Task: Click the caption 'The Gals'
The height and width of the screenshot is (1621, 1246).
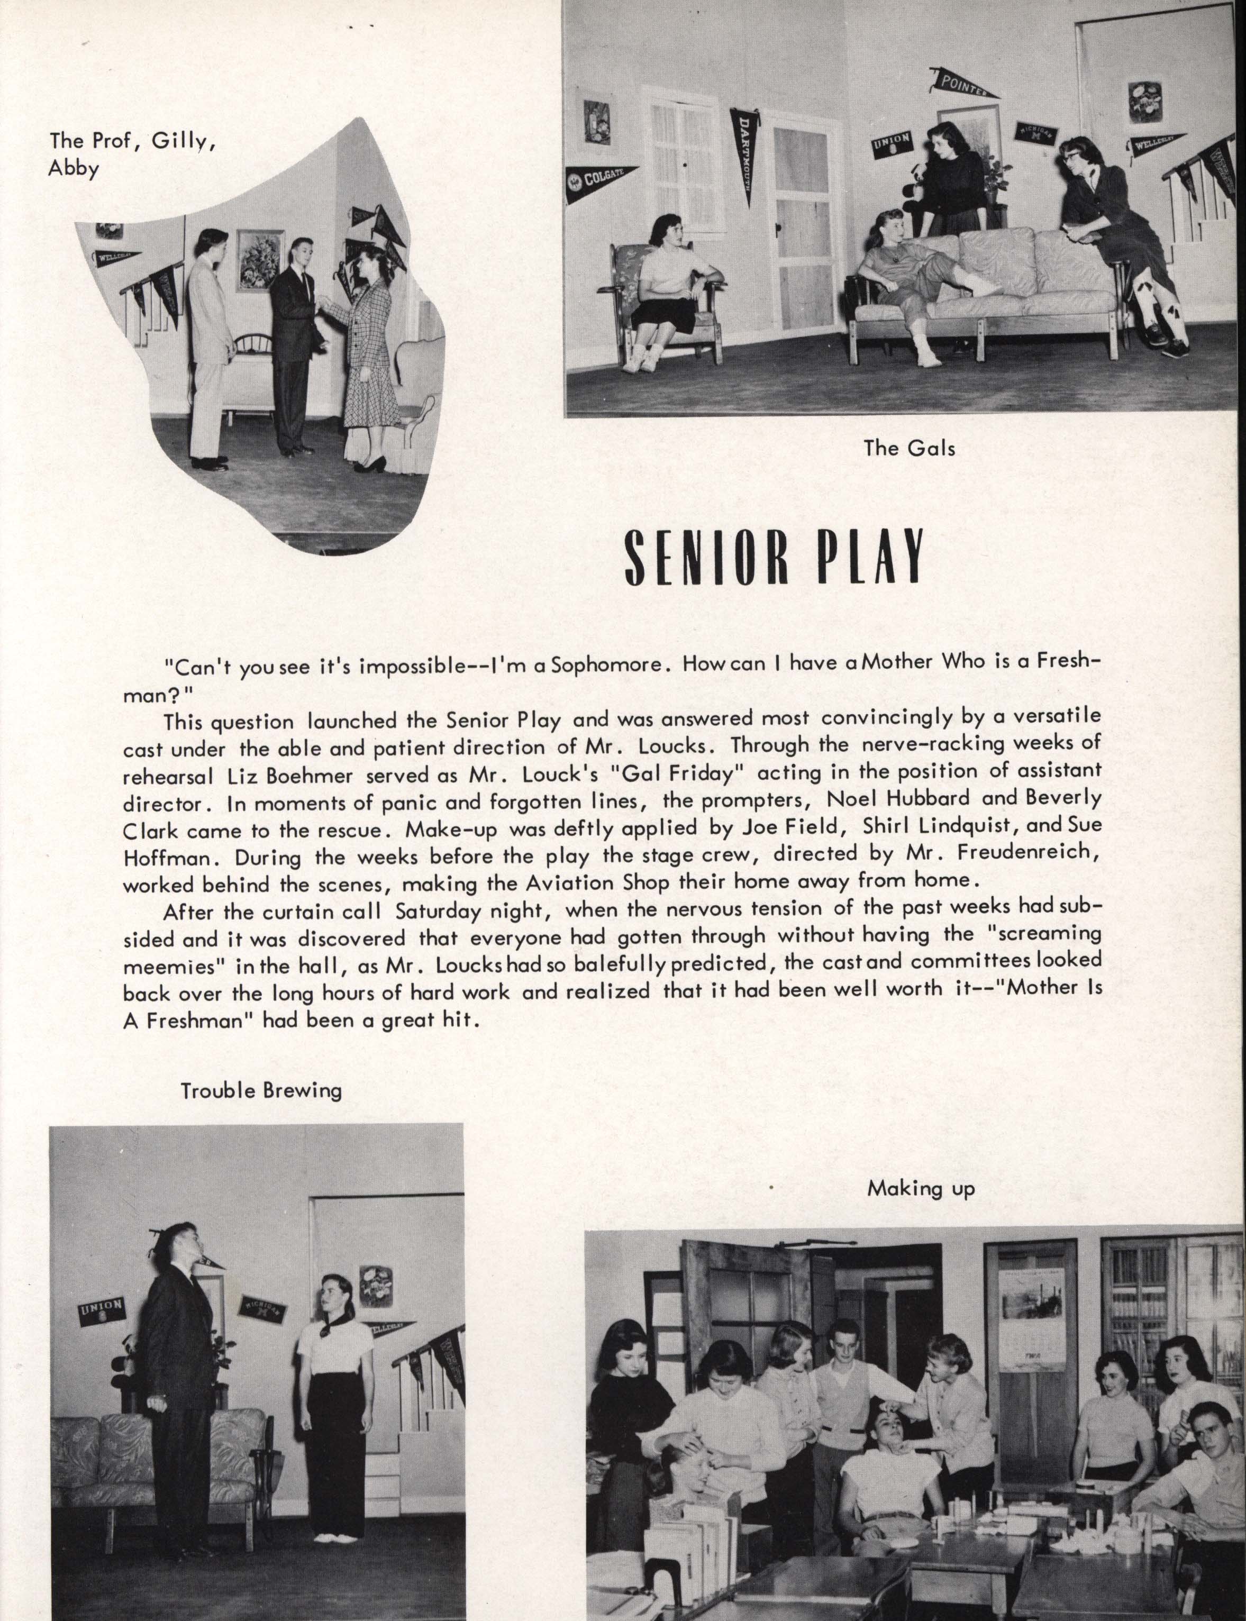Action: point(910,448)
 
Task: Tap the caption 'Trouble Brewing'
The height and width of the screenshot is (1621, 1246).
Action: point(261,1091)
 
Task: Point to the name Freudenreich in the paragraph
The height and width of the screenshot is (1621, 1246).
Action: point(1025,853)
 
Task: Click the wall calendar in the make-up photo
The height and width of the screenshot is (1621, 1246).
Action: point(1031,1304)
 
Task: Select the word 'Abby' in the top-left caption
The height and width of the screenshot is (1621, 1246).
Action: point(72,169)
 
